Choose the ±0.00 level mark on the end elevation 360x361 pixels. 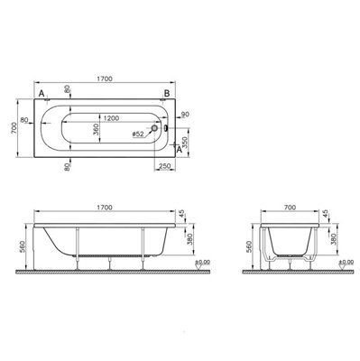click(x=344, y=264)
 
